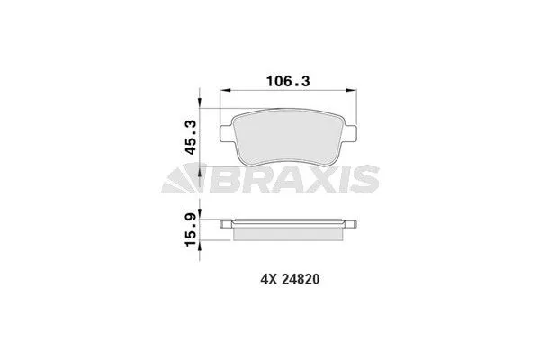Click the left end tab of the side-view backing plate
click(228, 222)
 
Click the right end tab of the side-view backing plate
click(353, 222)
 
